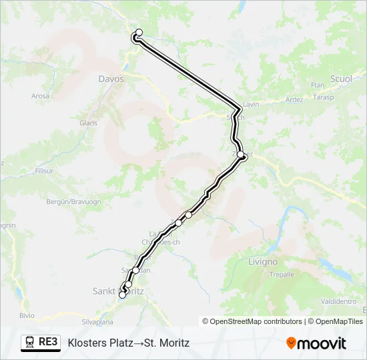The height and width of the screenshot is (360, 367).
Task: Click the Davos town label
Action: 111,79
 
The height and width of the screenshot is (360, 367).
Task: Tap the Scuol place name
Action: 341,79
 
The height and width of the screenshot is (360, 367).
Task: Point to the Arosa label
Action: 41,96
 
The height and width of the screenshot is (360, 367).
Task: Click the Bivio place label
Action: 27,315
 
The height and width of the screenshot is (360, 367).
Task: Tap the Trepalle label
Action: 281,274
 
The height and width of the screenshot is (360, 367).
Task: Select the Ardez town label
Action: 294,100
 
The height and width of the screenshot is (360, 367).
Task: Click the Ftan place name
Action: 318,85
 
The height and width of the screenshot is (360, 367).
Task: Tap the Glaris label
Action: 89,123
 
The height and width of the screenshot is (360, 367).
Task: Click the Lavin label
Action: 251,105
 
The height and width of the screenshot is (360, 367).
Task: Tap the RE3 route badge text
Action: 48,343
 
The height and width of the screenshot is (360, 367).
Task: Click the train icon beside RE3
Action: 30,343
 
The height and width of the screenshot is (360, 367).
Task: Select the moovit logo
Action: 316,343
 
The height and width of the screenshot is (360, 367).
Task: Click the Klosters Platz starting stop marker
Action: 139,32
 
